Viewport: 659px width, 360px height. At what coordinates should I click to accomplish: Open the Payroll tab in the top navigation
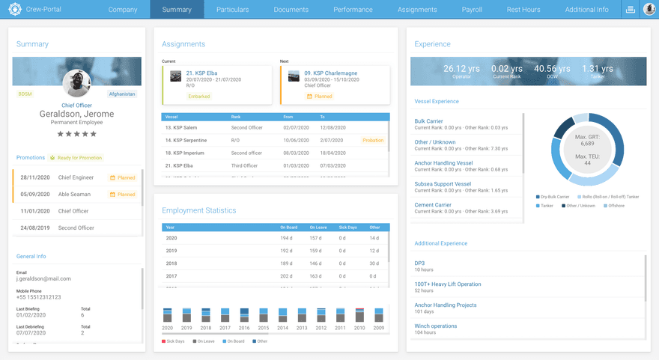click(x=472, y=10)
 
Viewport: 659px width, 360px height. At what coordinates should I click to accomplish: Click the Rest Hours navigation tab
click(x=523, y=10)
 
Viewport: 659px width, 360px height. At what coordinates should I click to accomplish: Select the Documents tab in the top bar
click(x=291, y=10)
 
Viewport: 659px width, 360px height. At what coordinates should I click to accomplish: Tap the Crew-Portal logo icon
click(x=14, y=9)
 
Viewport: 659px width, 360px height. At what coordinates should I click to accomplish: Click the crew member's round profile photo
click(x=76, y=83)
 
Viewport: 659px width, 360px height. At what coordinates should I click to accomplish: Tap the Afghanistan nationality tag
click(x=122, y=94)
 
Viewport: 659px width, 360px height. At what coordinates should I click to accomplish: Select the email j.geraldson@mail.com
click(x=43, y=278)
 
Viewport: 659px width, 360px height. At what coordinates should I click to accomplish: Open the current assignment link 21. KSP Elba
click(x=201, y=73)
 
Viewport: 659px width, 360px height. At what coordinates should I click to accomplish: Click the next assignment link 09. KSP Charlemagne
click(x=331, y=73)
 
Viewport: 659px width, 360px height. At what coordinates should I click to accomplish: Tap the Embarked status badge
click(x=198, y=97)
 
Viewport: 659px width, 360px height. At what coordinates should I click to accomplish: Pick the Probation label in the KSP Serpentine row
click(x=373, y=140)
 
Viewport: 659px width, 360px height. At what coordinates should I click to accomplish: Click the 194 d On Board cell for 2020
click(x=286, y=238)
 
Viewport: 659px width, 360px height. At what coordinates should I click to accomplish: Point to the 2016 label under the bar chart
click(x=244, y=328)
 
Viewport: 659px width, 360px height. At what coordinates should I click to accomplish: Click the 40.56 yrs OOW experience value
click(x=551, y=69)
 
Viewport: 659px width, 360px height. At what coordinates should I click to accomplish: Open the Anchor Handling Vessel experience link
click(x=443, y=162)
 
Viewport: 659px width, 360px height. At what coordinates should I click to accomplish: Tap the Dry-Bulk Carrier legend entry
click(x=552, y=197)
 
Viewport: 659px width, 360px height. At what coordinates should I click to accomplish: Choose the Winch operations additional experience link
click(x=435, y=326)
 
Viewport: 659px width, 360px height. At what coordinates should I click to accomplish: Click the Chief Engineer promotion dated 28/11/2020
click(x=73, y=177)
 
